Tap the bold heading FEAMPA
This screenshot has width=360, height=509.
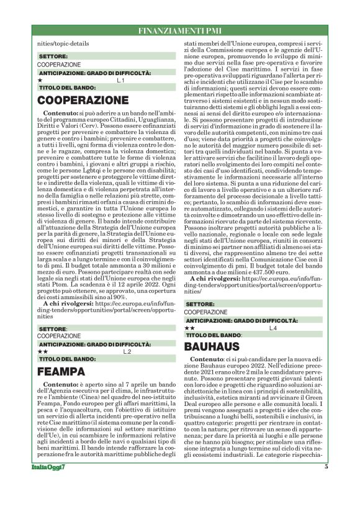coord(61,371)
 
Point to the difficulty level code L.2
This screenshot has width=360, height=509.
coord(127,352)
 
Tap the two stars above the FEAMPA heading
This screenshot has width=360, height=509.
coord(42,352)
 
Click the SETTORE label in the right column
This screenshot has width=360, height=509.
coord(200,304)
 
